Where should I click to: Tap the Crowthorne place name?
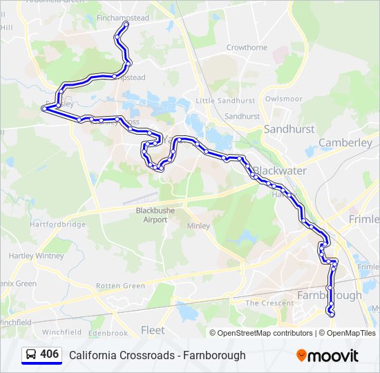point(247,48)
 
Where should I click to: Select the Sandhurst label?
point(289,129)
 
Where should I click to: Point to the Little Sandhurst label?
point(225,101)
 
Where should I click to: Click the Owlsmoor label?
point(284,99)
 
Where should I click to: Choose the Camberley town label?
point(345,143)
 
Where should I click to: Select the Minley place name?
point(198,226)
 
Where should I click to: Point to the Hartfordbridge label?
point(58,224)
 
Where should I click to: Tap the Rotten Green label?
point(121,286)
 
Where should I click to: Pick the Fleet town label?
point(153,330)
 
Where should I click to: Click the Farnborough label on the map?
point(329,295)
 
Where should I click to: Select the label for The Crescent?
point(270,303)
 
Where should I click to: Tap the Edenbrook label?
point(108,333)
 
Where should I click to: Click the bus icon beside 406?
point(31,354)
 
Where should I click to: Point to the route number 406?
point(50,354)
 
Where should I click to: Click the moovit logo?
point(327,356)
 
